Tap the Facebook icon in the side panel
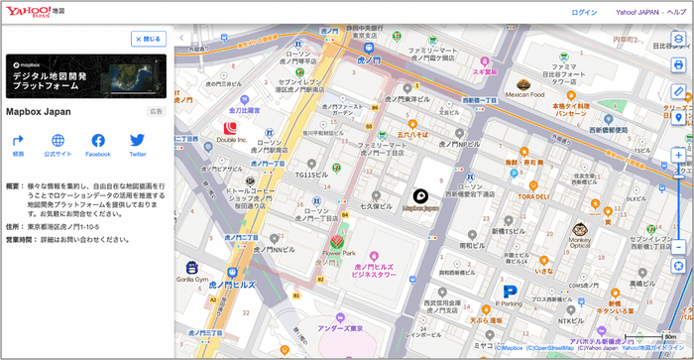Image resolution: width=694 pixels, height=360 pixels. (x=98, y=141)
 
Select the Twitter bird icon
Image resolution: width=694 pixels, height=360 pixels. (x=137, y=141)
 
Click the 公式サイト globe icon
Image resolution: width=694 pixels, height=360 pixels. (x=58, y=141)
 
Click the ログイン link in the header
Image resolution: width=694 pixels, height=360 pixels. (x=584, y=13)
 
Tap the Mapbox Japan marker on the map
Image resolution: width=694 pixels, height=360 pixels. (x=419, y=195)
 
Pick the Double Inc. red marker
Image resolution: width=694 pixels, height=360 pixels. (x=231, y=127)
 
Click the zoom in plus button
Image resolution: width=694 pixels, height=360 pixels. (x=678, y=156)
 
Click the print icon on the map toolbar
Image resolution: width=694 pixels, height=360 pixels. (x=678, y=64)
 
